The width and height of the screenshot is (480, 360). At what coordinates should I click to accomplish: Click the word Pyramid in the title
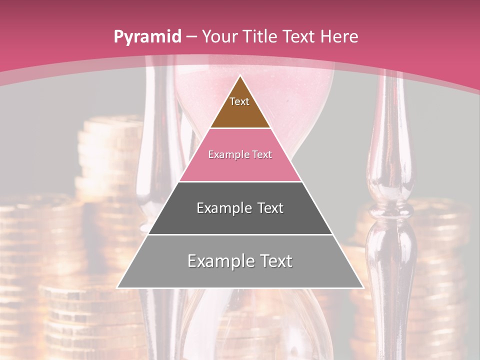[x=147, y=37]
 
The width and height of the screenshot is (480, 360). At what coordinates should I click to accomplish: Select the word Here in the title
[x=339, y=36]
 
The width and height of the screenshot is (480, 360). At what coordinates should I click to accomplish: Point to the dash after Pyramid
[x=191, y=37]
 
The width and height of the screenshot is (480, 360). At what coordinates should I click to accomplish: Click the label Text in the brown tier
[x=239, y=101]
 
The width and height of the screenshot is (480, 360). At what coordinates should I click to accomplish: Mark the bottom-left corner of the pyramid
[x=118, y=287]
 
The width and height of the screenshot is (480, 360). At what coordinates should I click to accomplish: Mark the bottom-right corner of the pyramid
[x=363, y=287]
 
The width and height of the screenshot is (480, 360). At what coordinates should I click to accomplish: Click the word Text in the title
[x=300, y=36]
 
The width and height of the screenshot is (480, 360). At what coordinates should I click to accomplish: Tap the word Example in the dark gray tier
[x=222, y=208]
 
